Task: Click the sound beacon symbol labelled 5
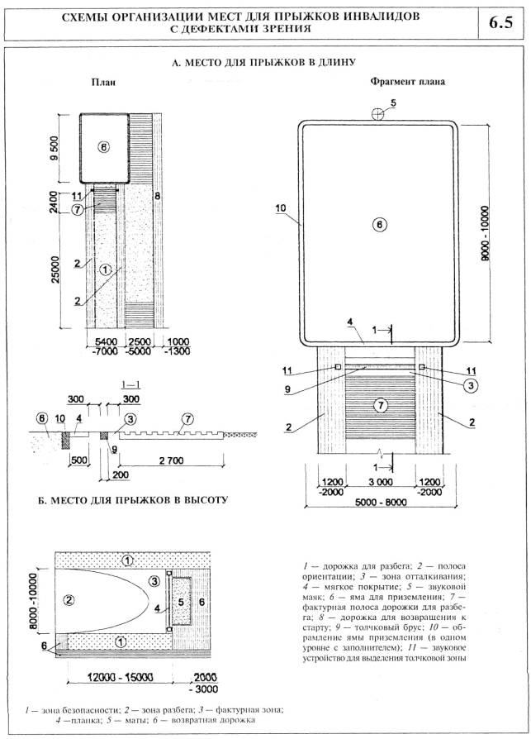tap(378, 114)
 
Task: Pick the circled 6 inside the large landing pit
tap(379, 224)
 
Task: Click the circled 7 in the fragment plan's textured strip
tap(379, 405)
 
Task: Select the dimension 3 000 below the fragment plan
tap(378, 481)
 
